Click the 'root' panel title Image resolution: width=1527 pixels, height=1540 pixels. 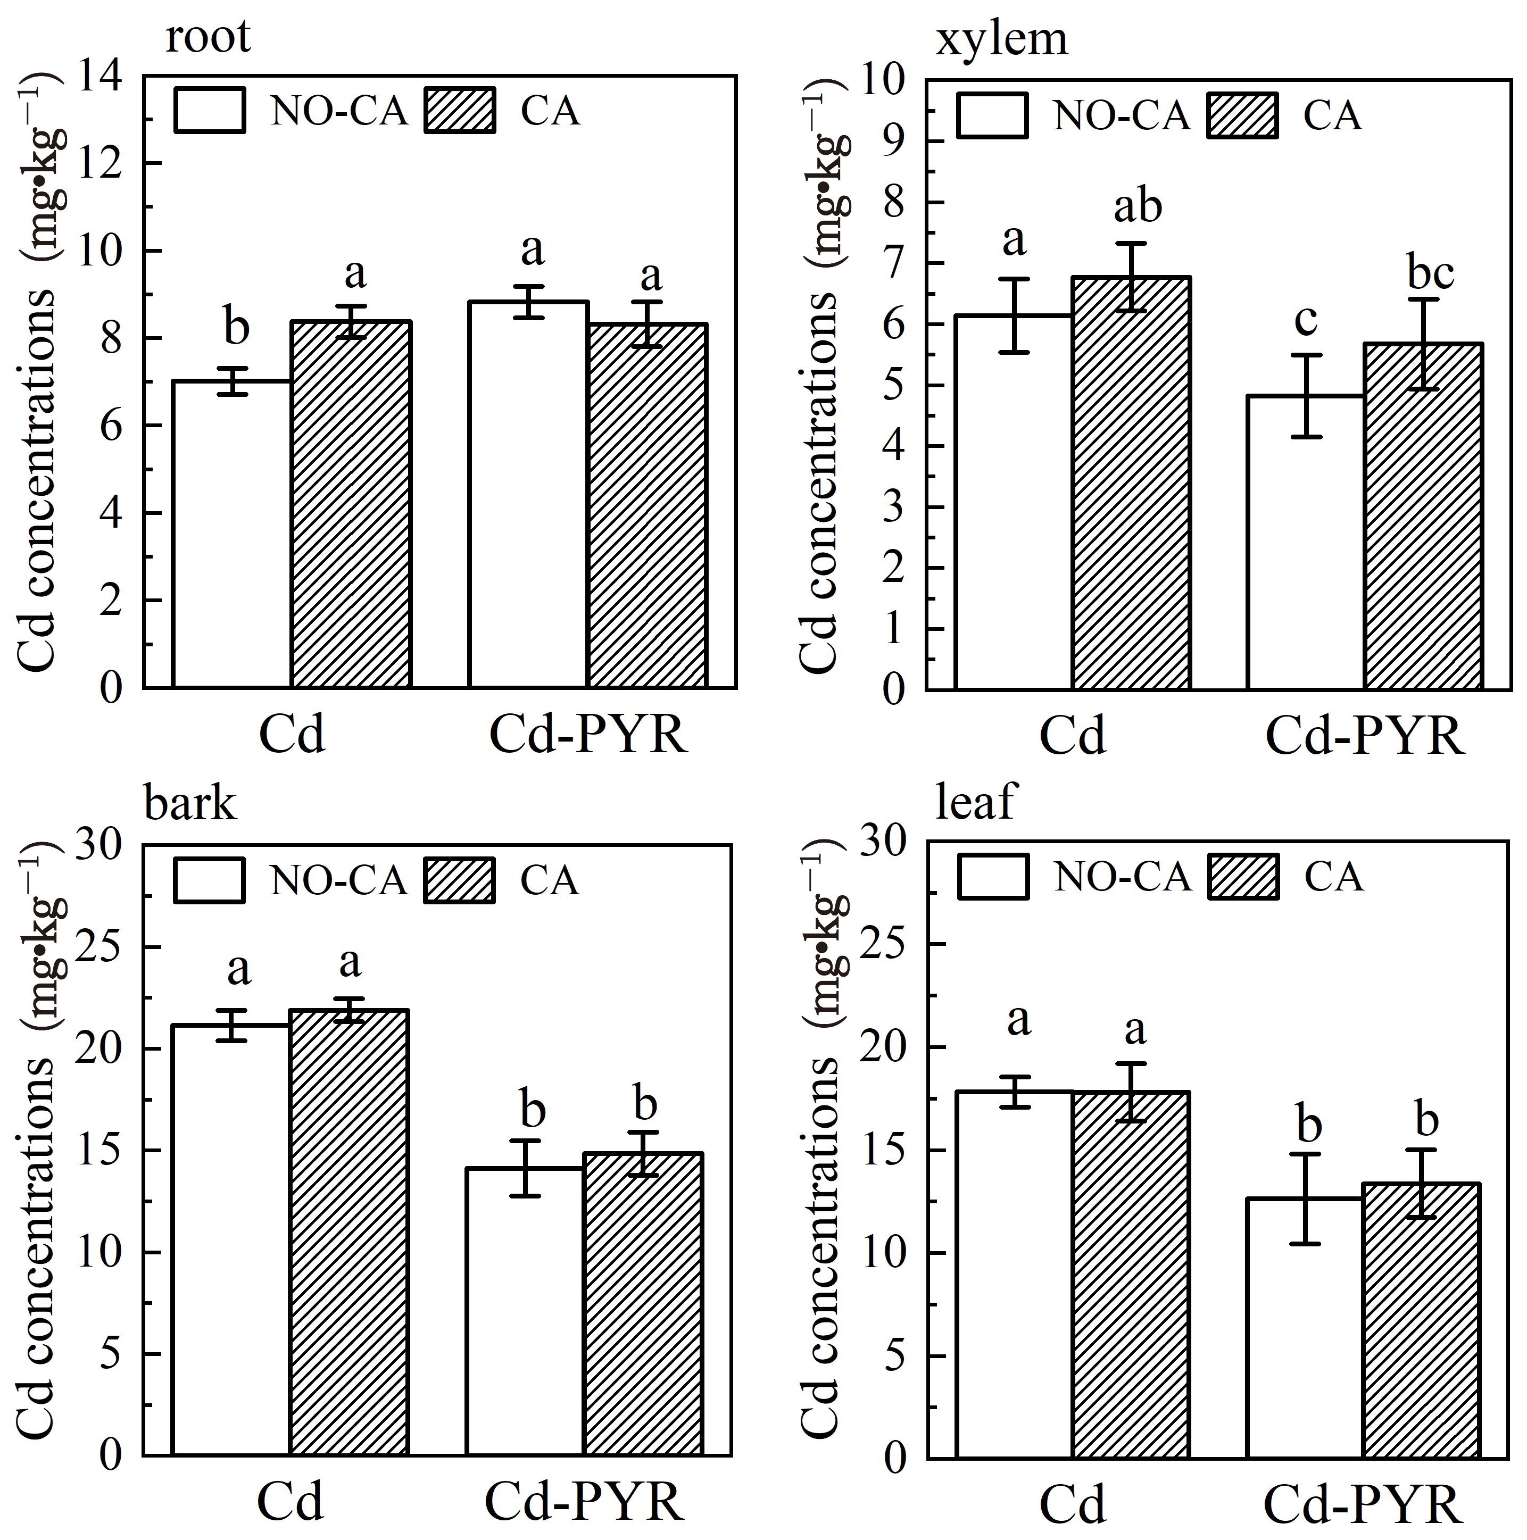pyautogui.click(x=208, y=37)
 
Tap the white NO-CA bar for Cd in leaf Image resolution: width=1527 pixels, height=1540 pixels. pyautogui.click(x=1014, y=1276)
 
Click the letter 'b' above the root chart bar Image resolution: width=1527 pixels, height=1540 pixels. pyautogui.click(x=236, y=328)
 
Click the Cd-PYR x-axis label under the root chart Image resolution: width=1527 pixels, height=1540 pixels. pyautogui.click(x=588, y=735)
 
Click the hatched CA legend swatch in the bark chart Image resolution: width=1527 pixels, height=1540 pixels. pyautogui.click(x=460, y=880)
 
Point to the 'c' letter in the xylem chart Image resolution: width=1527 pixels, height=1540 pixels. pyautogui.click(x=1305, y=319)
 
